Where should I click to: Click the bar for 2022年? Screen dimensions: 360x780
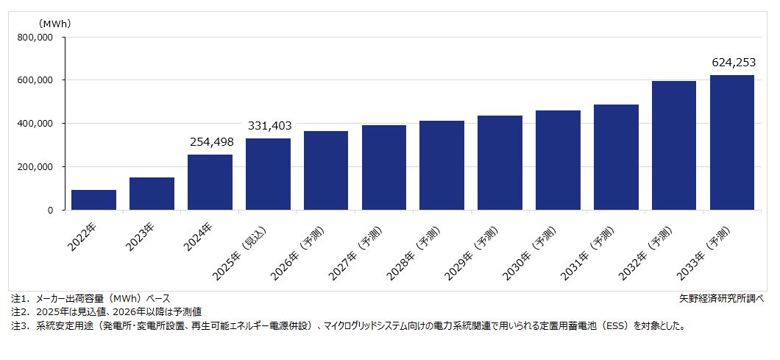click(x=93, y=200)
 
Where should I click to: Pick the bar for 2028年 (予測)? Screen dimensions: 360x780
click(x=442, y=166)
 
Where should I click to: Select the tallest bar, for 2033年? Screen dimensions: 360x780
click(x=731, y=143)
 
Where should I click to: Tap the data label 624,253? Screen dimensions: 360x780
click(x=732, y=63)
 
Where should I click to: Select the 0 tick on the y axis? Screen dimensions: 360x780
click(x=50, y=211)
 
